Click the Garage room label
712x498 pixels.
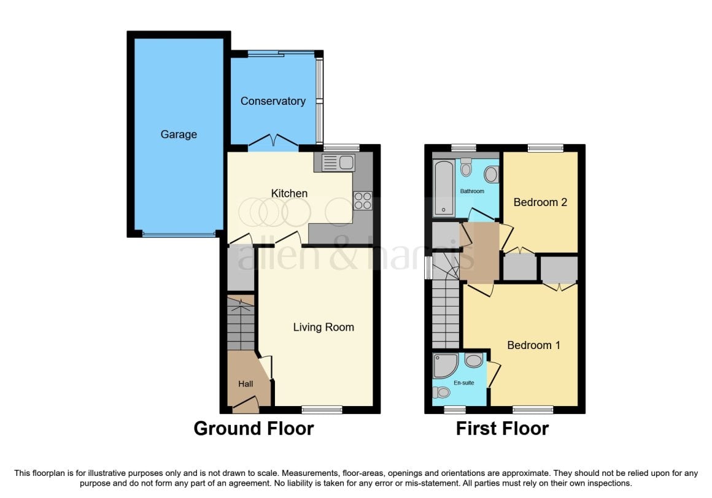[179, 135]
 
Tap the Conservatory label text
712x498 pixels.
[273, 101]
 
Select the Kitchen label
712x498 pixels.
[289, 193]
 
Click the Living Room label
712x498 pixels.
[323, 328]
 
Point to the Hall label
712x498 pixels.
[246, 384]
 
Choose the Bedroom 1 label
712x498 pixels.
[533, 345]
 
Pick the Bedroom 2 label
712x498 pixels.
[540, 202]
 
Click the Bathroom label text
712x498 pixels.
[472, 191]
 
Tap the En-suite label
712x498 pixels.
[463, 383]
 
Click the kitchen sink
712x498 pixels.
[338, 163]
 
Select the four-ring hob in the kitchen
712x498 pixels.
[363, 201]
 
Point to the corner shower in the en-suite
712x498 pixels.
[445, 366]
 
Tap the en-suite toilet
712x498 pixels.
[441, 393]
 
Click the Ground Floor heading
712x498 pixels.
[254, 429]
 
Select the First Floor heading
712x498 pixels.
[502, 429]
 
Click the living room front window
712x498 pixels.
[322, 410]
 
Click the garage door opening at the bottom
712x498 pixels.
[179, 234]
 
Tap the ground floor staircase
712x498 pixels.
[241, 323]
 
